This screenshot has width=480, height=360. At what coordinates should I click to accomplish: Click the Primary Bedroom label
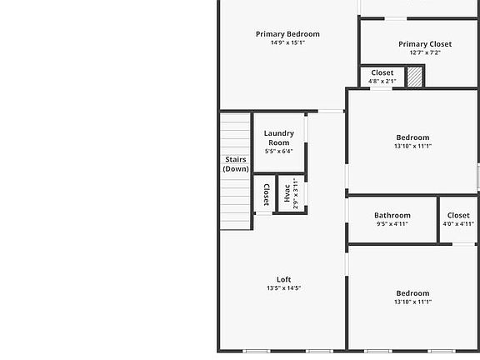click(287, 34)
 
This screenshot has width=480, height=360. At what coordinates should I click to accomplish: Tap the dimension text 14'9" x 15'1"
click(287, 43)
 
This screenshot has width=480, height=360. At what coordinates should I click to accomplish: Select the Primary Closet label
click(425, 44)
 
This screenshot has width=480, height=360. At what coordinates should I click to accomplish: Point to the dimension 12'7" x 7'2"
click(425, 52)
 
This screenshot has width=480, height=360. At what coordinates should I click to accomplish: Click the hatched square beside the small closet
click(415, 77)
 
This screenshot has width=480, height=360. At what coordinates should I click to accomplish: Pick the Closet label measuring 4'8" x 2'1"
click(382, 72)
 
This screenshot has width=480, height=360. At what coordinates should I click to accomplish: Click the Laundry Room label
click(278, 137)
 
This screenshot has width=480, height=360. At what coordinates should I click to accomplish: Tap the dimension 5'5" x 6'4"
click(278, 152)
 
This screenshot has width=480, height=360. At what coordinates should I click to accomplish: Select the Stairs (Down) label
click(236, 163)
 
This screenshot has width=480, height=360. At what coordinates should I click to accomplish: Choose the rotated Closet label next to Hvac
click(266, 195)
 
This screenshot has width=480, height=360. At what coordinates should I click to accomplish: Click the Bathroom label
click(392, 215)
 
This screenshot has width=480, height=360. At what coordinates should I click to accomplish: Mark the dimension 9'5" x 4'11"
click(392, 223)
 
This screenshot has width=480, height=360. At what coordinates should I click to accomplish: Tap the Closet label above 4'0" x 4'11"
click(458, 215)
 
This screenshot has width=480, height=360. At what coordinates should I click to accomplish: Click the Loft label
click(283, 279)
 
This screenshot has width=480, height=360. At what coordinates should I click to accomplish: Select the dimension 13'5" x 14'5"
click(283, 288)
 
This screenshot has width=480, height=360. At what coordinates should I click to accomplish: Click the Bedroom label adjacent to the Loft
click(412, 293)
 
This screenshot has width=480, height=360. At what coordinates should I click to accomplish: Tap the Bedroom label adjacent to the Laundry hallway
click(412, 137)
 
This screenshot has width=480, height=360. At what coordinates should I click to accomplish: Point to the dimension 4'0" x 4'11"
click(458, 223)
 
